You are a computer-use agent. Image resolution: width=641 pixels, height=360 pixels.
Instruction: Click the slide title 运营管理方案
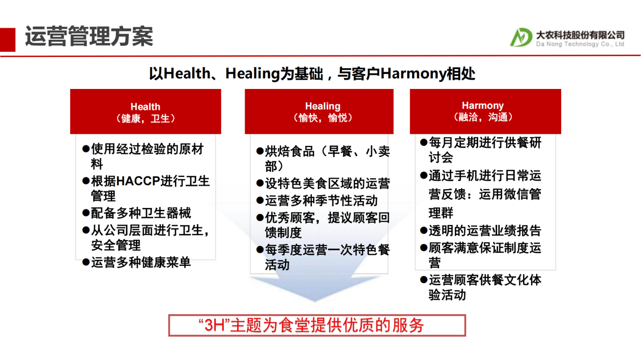point(89,36)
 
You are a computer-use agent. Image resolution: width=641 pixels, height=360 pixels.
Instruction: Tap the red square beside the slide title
point(8,40)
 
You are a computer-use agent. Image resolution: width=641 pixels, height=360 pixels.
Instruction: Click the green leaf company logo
point(520,37)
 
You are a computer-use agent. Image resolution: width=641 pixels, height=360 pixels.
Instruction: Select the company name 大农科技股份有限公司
point(580,35)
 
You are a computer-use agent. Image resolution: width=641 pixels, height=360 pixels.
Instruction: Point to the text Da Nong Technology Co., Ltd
point(580,44)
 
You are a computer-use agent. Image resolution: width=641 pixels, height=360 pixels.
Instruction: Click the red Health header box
point(145,111)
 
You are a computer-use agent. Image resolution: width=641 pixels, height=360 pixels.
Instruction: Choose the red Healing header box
point(319,111)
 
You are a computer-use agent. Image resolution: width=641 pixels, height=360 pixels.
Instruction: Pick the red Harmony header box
point(485,111)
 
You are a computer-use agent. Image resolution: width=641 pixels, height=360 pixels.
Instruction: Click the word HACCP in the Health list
point(138,181)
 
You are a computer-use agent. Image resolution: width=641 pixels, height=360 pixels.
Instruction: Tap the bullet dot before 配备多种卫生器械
point(86,213)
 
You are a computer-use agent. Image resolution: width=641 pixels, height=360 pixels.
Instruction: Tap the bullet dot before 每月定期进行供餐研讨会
point(423,142)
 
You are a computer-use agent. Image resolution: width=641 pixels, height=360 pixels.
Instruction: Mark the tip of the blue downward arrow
point(315,302)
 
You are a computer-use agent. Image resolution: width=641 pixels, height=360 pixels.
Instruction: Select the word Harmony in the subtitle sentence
point(413,74)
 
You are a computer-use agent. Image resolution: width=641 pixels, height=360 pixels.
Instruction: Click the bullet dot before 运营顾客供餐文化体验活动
point(423,280)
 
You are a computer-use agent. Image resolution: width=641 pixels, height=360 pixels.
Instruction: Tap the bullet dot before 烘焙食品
point(260,151)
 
